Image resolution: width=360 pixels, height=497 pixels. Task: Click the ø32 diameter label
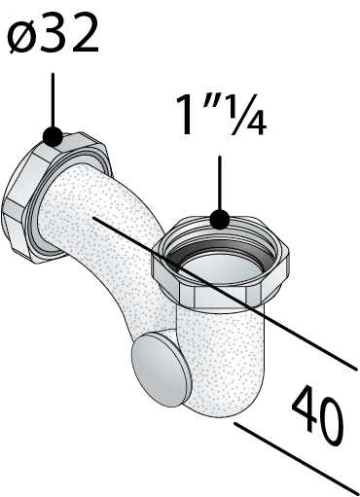pyautogui.click(x=53, y=34)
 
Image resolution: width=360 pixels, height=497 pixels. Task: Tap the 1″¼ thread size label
pyautogui.click(x=221, y=115)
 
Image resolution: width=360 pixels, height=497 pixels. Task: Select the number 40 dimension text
pyautogui.click(x=317, y=414)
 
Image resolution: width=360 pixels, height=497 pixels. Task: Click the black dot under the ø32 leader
pyautogui.click(x=53, y=136)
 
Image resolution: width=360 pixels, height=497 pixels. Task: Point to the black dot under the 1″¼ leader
pyautogui.click(x=220, y=220)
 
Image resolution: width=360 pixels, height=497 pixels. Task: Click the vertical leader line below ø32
pyautogui.click(x=53, y=100)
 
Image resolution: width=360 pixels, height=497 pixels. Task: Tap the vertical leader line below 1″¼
pyautogui.click(x=220, y=183)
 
